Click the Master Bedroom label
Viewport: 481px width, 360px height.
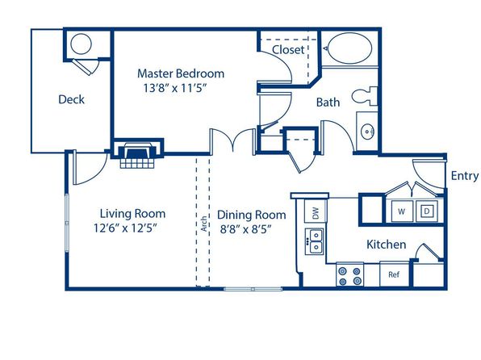click(x=181, y=73)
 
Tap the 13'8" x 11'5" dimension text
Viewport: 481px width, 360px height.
click(x=174, y=89)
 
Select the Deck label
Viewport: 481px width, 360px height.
click(x=72, y=99)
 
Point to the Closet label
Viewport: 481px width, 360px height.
click(x=288, y=50)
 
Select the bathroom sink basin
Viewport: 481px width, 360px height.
click(x=367, y=132)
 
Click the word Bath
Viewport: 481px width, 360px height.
click(x=328, y=103)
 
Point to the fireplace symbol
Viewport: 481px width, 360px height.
click(x=138, y=153)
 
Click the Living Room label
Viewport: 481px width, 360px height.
click(x=132, y=214)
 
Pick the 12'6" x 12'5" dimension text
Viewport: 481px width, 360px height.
click(x=125, y=228)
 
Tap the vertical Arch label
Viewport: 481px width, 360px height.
click(x=203, y=224)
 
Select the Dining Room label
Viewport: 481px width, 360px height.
click(x=252, y=215)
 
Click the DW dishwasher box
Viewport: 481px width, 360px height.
click(x=316, y=211)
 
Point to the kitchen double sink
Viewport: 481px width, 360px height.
click(x=314, y=241)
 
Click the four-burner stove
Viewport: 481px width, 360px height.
click(x=349, y=274)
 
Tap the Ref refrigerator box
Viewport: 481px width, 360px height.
click(x=394, y=274)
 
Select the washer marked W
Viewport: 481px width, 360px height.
click(x=402, y=211)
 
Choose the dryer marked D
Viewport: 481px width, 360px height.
click(x=427, y=211)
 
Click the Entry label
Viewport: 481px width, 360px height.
click(x=465, y=176)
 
